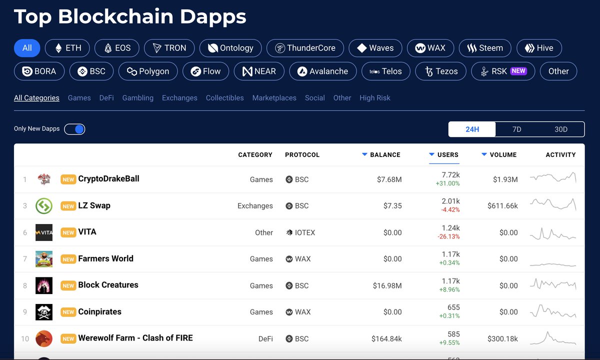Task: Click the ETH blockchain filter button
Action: pos(67,48)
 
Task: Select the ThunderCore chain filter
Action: pos(305,48)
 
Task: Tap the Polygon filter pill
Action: pos(147,71)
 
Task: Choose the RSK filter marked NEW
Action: pos(503,71)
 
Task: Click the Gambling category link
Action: pos(137,98)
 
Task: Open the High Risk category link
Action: pos(374,98)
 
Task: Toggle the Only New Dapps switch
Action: pos(74,129)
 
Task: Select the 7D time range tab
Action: pos(516,129)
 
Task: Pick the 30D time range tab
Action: pos(561,129)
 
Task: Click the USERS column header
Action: pos(447,155)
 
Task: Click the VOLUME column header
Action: pos(503,155)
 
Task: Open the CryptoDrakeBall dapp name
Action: pos(108,179)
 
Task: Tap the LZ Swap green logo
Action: pos(44,205)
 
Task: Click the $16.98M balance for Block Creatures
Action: pos(387,285)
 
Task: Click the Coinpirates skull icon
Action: pos(44,312)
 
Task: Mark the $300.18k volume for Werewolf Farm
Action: pos(502,338)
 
